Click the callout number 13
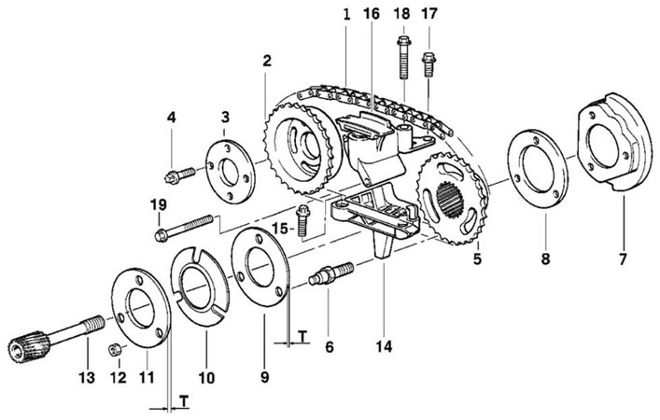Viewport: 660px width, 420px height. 87,377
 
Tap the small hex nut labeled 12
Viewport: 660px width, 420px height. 114,349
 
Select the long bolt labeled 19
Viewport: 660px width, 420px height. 184,228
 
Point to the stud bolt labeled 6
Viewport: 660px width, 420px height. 331,273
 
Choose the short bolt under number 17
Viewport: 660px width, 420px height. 428,64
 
